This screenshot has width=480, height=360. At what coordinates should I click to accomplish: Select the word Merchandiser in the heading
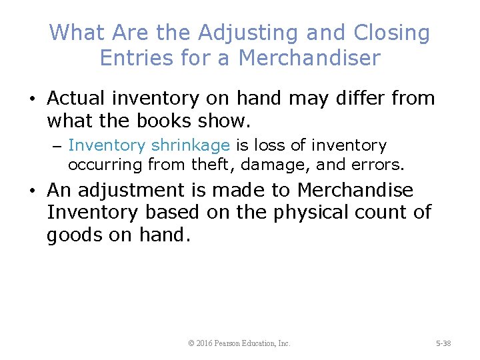[309, 58]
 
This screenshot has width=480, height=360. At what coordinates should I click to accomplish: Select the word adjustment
[139, 191]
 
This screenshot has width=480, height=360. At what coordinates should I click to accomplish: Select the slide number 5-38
[443, 343]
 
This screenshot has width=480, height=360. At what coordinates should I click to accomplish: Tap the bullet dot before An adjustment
[32, 191]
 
